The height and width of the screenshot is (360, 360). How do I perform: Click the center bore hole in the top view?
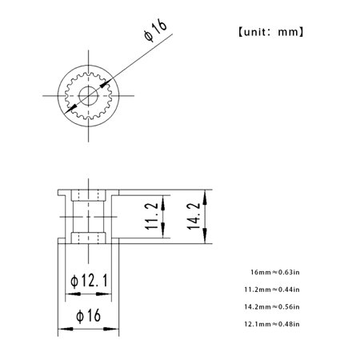point(88,98)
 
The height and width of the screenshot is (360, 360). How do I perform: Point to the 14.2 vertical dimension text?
point(193,216)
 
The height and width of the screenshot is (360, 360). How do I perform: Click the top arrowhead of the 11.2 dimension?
point(163,202)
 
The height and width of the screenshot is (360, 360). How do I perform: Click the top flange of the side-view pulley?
point(88,193)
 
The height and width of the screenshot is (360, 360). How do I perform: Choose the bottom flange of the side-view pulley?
point(88,238)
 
